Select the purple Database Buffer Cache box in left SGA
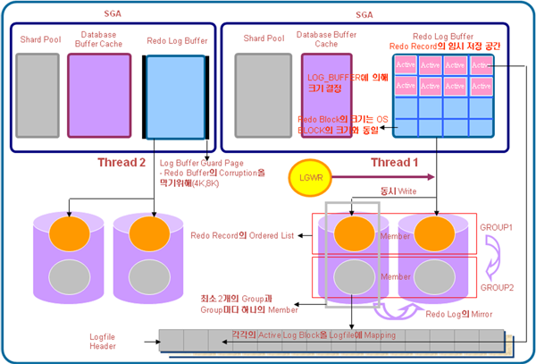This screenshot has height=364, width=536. tap(99, 94)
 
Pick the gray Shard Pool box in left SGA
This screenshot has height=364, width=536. tap(38, 94)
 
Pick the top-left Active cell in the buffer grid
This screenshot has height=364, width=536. tap(406, 64)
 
